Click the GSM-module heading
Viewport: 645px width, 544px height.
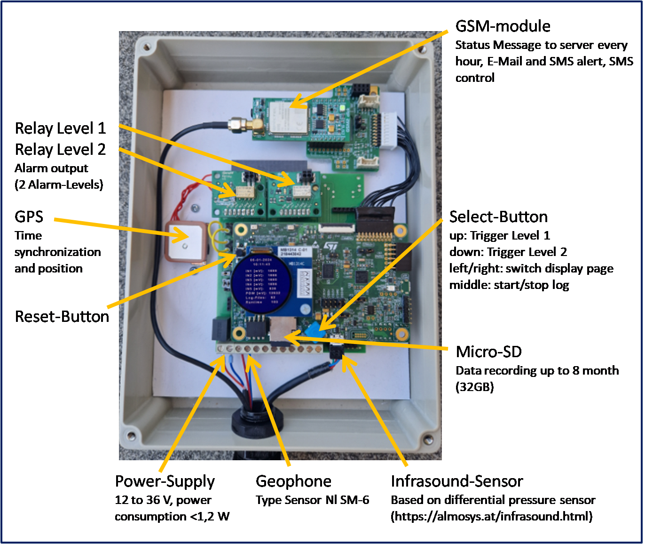tap(503, 26)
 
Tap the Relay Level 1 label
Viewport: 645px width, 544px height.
tap(60, 128)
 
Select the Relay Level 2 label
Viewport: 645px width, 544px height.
tap(60, 149)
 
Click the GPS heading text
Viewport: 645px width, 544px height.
tap(29, 216)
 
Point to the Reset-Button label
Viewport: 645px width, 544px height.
tap(62, 316)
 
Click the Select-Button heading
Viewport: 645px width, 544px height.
tap(498, 216)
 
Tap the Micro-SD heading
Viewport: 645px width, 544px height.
tap(488, 352)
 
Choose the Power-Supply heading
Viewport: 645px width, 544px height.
tap(165, 481)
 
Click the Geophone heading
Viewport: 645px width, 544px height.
tap(293, 481)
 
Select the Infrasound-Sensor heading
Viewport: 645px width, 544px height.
tap(456, 481)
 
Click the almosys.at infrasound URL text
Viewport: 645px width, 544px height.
tap(492, 516)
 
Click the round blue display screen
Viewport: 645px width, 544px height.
tap(261, 281)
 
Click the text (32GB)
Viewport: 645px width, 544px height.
tap(474, 387)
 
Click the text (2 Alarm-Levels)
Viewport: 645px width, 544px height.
tap(59, 184)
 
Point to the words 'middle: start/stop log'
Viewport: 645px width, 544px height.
tap(509, 285)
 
